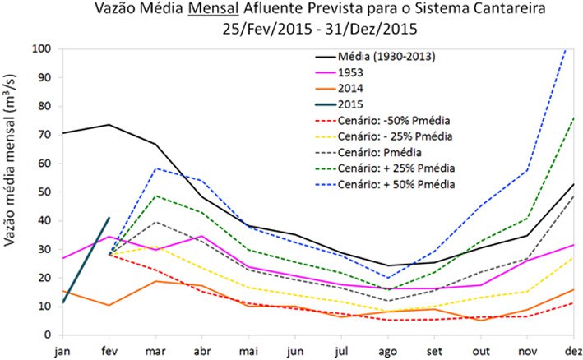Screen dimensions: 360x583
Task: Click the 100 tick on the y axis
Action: [41, 49]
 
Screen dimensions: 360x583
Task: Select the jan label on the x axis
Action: [62, 350]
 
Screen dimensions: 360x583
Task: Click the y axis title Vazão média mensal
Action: [14, 192]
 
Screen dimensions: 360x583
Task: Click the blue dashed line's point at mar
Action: [157, 168]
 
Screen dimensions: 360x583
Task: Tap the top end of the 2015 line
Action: [109, 218]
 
